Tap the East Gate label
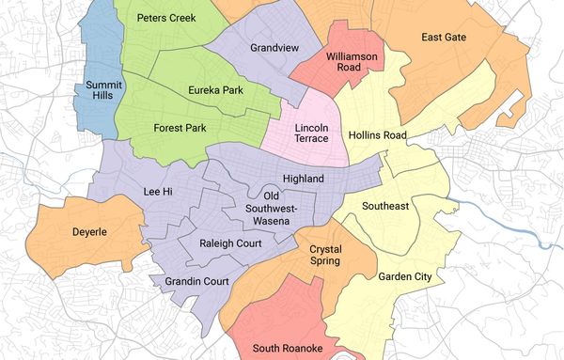(445, 38)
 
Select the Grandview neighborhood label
(274, 47)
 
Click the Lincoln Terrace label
(311, 133)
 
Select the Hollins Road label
(377, 136)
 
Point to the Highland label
(303, 179)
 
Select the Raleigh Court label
(231, 243)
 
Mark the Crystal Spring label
(325, 256)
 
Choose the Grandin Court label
(197, 281)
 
